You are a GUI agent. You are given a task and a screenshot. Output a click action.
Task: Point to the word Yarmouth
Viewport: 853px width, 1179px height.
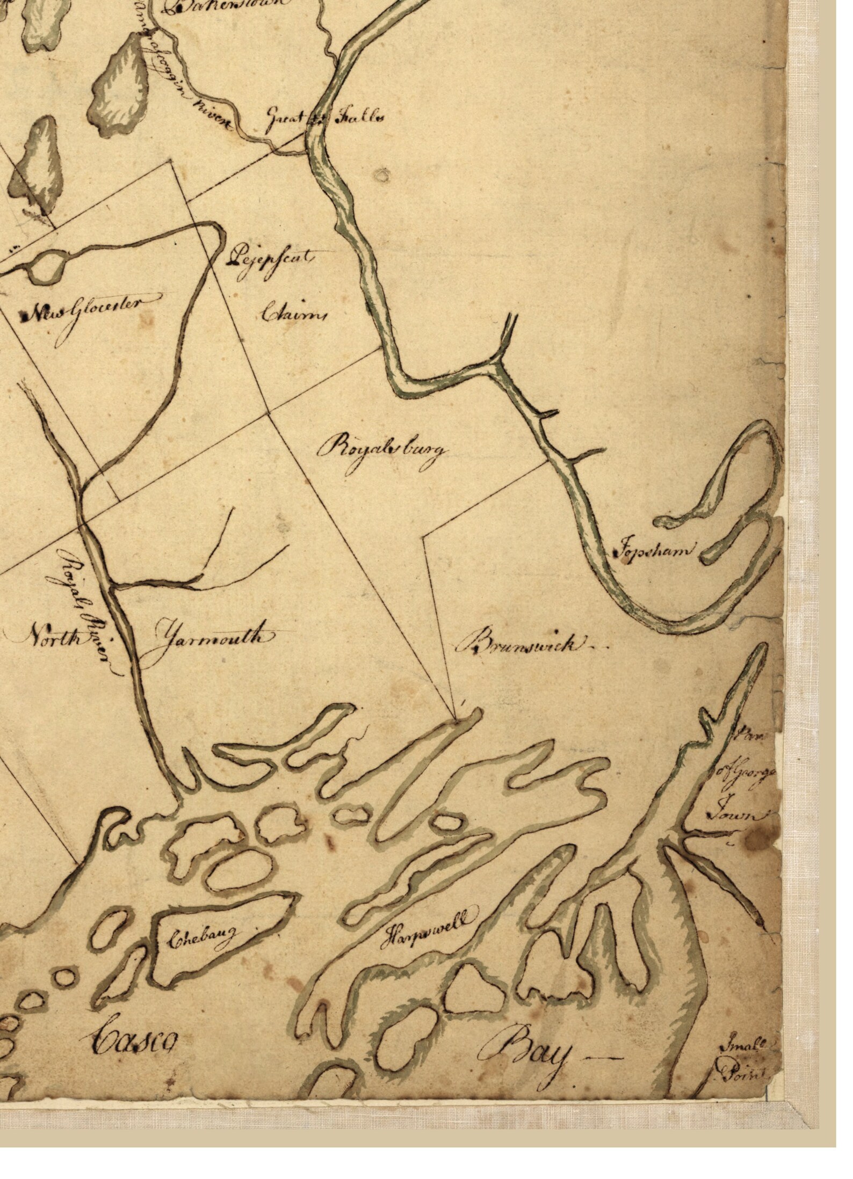coord(210,641)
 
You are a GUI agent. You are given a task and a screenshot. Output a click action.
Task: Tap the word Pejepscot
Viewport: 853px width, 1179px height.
coord(270,259)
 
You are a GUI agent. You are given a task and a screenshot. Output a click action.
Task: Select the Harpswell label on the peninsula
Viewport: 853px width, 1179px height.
coord(430,925)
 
